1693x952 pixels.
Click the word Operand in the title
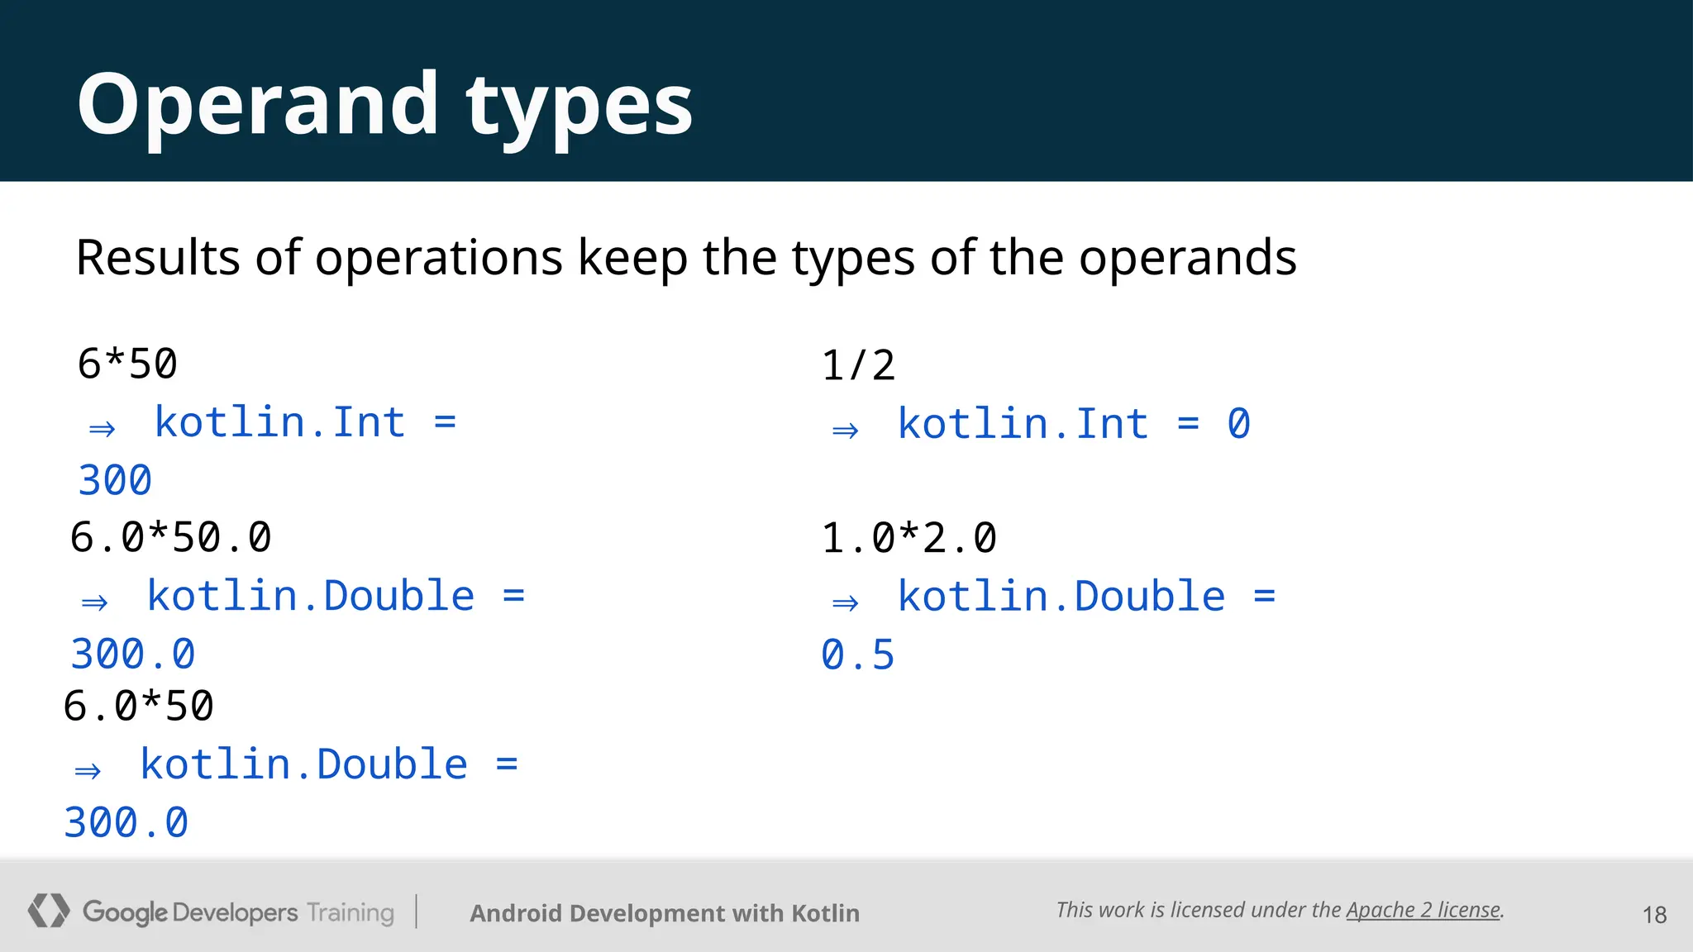tap(257, 105)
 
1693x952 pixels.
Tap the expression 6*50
tap(127, 364)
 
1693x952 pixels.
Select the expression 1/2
tap(858, 365)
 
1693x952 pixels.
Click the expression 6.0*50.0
tap(170, 537)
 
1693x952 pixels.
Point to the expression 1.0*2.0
tap(908, 538)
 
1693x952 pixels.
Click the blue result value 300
tap(115, 480)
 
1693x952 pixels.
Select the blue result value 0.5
tap(857, 654)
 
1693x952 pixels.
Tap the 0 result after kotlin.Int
tap(1238, 424)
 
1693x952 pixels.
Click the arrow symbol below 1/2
tap(845, 431)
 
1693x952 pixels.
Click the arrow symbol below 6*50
tap(103, 429)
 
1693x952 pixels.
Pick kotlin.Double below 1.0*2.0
tap(1061, 596)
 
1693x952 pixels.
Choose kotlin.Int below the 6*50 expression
tap(279, 422)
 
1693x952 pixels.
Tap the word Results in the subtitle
tap(157, 257)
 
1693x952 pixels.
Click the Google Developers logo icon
tap(48, 911)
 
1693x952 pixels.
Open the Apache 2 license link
tap(1423, 910)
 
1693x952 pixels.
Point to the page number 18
tap(1654, 915)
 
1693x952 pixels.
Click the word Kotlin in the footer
tap(825, 913)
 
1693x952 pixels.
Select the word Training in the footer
tap(351, 912)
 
